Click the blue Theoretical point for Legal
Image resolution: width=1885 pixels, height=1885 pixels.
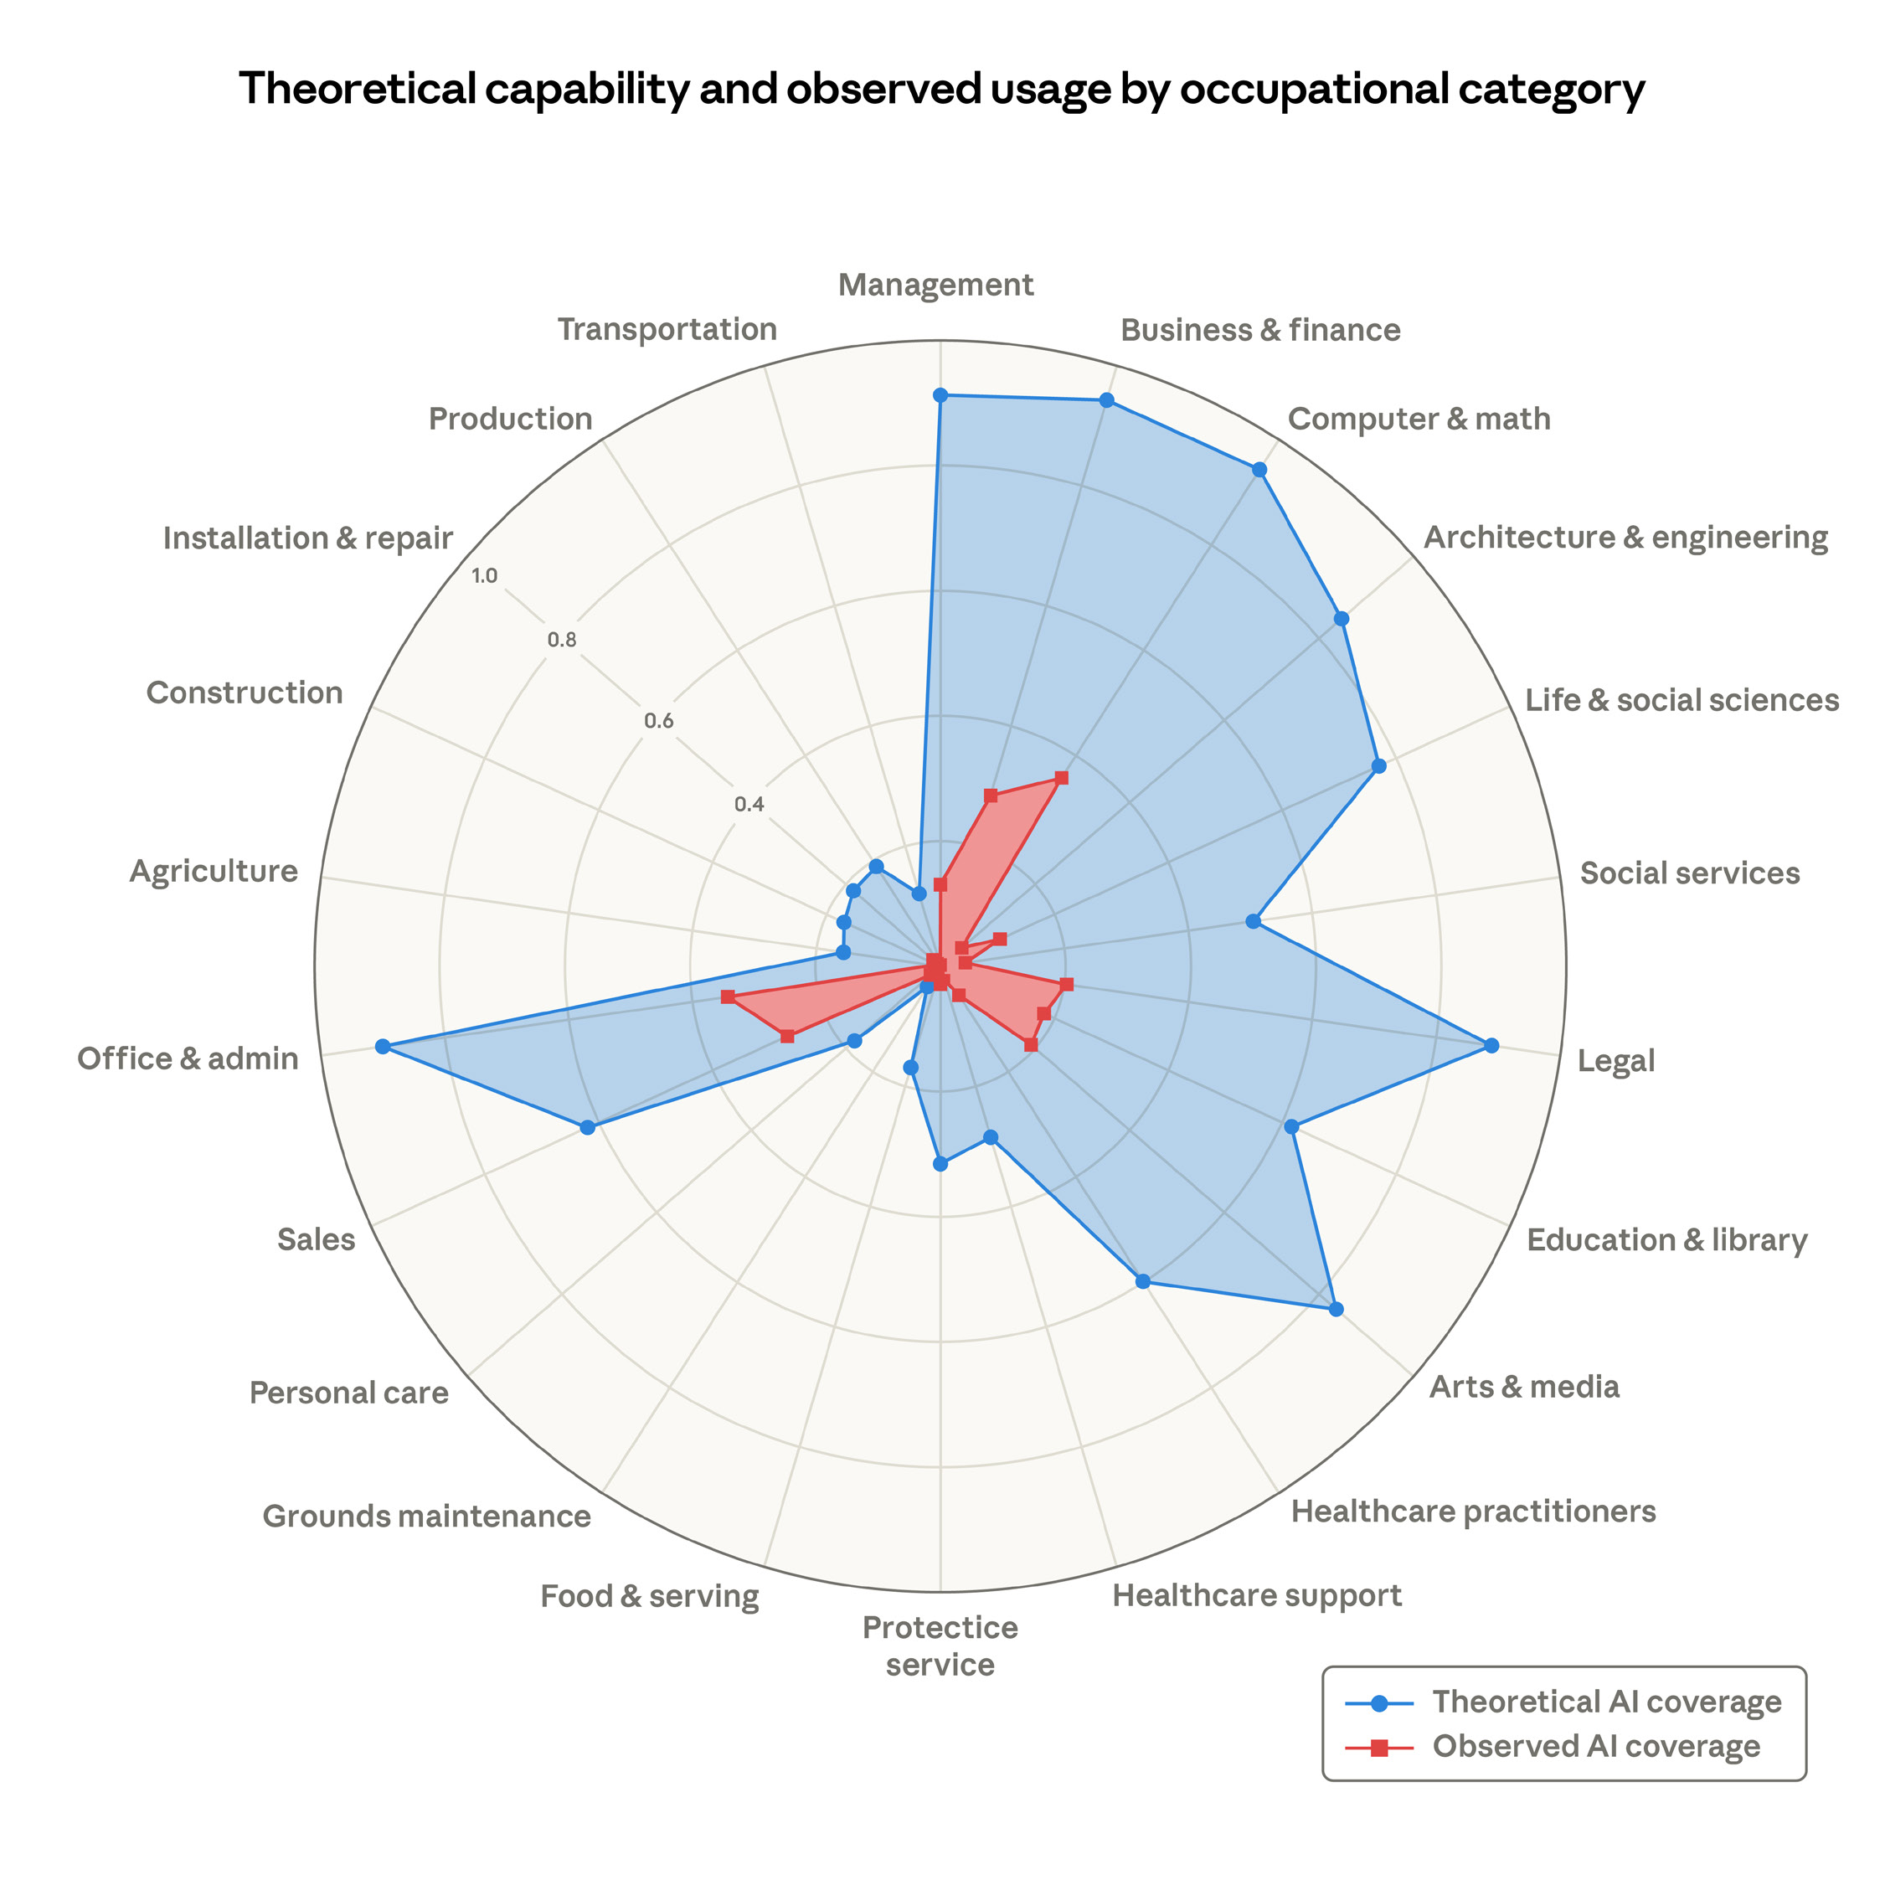point(1491,1046)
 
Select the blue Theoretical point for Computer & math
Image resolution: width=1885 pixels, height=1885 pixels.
point(1259,469)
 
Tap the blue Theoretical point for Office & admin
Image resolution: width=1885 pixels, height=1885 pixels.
point(383,1047)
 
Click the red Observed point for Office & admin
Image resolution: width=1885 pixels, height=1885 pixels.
point(727,997)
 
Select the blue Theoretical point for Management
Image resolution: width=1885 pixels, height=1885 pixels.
point(940,395)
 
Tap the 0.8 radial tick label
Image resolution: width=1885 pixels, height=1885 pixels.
point(562,641)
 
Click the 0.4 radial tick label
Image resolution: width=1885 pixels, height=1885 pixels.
point(749,805)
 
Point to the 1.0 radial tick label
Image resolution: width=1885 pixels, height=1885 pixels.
point(484,575)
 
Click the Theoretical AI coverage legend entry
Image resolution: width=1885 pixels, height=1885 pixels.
point(1606,1702)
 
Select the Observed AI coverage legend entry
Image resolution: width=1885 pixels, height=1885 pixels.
point(1595,1745)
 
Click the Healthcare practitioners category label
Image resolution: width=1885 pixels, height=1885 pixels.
point(1473,1512)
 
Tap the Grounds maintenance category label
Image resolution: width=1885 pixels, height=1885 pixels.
point(426,1517)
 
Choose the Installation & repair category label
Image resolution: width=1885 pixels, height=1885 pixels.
point(307,538)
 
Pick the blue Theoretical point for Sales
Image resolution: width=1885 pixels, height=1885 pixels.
point(587,1128)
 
